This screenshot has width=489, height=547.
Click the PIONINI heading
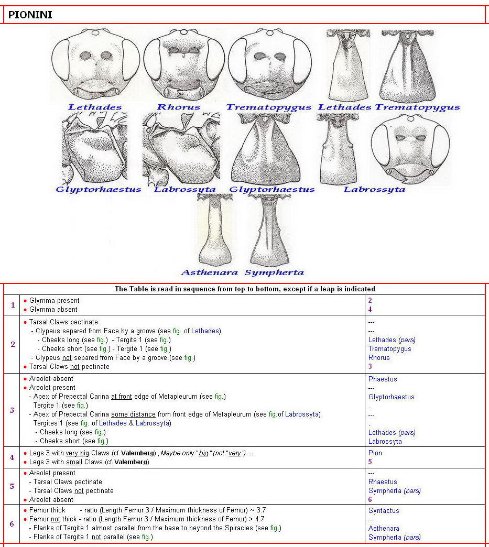[30, 15]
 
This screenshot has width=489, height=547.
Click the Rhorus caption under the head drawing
[178, 107]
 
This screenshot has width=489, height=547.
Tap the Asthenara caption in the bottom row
[209, 272]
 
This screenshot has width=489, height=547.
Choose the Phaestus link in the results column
[383, 379]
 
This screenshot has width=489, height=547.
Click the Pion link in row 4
[375, 453]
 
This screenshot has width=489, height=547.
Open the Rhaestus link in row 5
[383, 482]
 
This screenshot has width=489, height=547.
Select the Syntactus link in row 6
[384, 510]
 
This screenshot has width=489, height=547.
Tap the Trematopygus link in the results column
[389, 349]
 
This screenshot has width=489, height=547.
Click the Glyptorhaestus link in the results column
[391, 397]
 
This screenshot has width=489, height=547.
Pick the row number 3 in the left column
[12, 410]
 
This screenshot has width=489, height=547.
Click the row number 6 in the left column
[12, 523]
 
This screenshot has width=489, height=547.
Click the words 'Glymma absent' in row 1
[54, 310]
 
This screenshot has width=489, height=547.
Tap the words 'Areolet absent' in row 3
[51, 379]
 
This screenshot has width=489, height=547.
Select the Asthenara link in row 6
[384, 528]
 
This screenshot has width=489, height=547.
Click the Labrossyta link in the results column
[385, 441]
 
